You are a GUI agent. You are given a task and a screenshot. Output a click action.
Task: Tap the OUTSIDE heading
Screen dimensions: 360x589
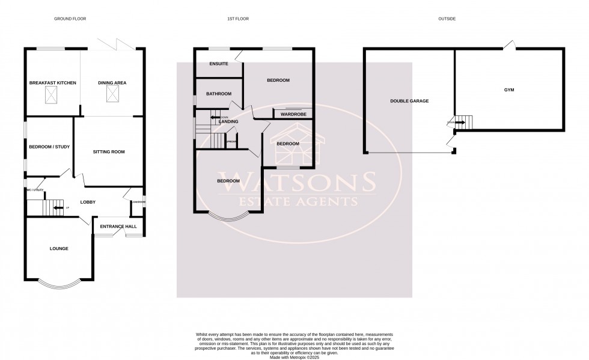coord(447,19)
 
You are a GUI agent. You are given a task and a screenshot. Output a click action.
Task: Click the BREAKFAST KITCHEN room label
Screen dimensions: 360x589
coord(53,82)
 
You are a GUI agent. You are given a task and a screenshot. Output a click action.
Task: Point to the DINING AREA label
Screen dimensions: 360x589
coord(112,82)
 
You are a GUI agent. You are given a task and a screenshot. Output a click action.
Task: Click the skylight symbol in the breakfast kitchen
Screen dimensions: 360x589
coord(52,94)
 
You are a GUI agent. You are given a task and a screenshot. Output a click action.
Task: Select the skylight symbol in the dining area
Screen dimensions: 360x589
coord(112,94)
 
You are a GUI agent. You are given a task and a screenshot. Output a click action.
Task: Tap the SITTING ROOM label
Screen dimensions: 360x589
coord(109,152)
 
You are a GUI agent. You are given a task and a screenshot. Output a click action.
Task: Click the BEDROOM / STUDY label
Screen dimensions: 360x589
coord(49,146)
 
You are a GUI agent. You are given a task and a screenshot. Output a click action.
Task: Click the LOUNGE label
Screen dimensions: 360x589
coord(58,248)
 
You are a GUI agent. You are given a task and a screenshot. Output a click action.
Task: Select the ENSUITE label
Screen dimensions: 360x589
coord(219,64)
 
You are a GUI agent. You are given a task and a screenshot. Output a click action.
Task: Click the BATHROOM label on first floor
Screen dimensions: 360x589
coord(219,94)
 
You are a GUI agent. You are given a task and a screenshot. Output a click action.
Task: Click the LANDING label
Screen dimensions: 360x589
coord(228,122)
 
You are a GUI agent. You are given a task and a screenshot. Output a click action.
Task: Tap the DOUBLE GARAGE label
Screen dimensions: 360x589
coord(409,101)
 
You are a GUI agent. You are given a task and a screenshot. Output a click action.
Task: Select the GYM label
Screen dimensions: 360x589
coord(509,90)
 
